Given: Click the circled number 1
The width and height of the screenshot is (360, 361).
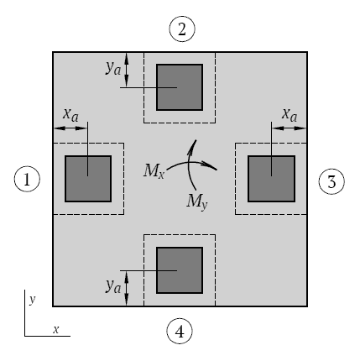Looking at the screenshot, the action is pyautogui.click(x=27, y=179).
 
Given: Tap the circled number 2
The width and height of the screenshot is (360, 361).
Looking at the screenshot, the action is pyautogui.click(x=182, y=29).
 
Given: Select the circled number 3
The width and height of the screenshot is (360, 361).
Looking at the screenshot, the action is pyautogui.click(x=331, y=181).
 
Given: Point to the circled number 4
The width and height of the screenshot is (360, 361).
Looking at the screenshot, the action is pyautogui.click(x=180, y=332).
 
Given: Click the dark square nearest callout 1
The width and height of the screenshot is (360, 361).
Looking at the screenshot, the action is pyautogui.click(x=88, y=179).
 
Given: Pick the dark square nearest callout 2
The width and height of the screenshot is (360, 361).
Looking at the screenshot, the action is pyautogui.click(x=180, y=87).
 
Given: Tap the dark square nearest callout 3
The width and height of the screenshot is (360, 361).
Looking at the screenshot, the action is pyautogui.click(x=271, y=179).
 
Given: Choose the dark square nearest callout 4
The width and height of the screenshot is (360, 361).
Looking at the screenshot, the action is pyautogui.click(x=180, y=270).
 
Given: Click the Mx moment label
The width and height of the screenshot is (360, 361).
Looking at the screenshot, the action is pyautogui.click(x=154, y=170).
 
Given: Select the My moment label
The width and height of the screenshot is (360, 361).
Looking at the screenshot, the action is pyautogui.click(x=197, y=201).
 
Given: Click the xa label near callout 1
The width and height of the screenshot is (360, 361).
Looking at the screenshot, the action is pyautogui.click(x=70, y=115).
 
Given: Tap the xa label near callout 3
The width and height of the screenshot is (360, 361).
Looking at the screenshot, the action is pyautogui.click(x=290, y=115).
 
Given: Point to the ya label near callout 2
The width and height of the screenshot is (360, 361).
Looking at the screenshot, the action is pyautogui.click(x=113, y=68).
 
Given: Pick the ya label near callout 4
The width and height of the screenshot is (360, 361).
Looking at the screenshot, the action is pyautogui.click(x=113, y=286).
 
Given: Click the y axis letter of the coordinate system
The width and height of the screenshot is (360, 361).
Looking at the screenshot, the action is pyautogui.click(x=33, y=300).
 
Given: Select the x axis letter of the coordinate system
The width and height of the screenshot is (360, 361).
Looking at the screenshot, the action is pyautogui.click(x=56, y=329).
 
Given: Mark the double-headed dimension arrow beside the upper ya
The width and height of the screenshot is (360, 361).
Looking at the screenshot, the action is pyautogui.click(x=127, y=70).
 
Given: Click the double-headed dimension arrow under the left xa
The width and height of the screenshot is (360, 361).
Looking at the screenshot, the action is pyautogui.click(x=70, y=128).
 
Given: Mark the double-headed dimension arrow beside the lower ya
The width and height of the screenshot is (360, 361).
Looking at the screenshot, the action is pyautogui.click(x=127, y=288).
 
